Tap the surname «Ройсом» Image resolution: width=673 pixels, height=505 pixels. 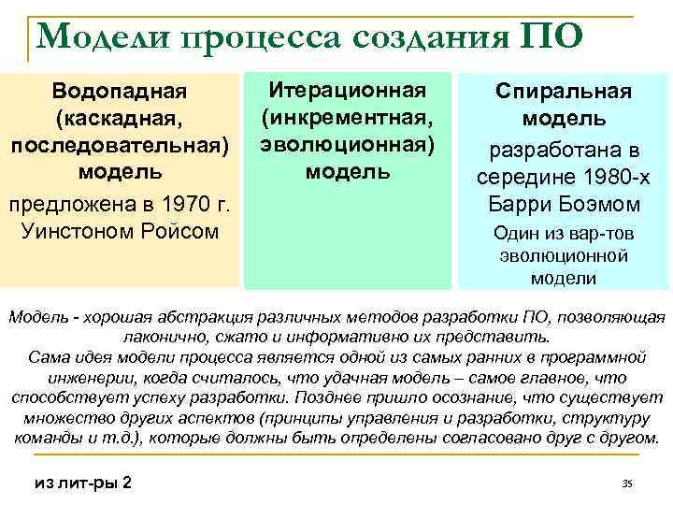181,230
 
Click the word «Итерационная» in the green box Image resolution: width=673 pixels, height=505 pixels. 348,91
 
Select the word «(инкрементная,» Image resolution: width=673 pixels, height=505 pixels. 348,118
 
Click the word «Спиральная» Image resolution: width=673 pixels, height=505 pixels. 564,93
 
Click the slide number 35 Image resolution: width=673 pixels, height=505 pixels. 627,483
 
